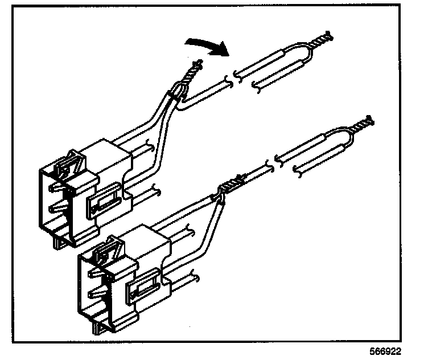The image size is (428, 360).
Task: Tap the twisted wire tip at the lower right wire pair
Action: click(362, 124)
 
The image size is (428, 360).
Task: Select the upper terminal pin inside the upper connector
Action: click(57, 185)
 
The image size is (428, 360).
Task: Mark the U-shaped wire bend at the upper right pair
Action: click(307, 54)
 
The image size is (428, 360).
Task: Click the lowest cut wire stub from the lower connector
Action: click(188, 277)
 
